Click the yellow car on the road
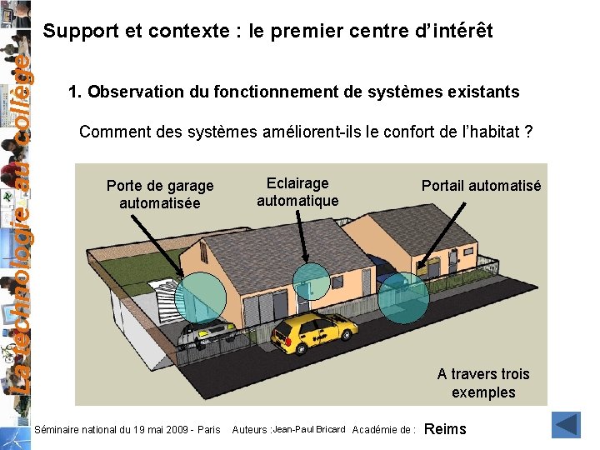pyautogui.click(x=314, y=332)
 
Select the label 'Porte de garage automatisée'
pyautogui.click(x=160, y=194)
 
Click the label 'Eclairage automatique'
pyautogui.click(x=297, y=192)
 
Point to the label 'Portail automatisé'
pyautogui.click(x=481, y=186)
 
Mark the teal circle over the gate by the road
pyautogui.click(x=403, y=297)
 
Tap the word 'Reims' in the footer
pyautogui.click(x=446, y=429)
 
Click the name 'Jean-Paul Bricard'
pyautogui.click(x=308, y=429)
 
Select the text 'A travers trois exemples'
pyautogui.click(x=483, y=383)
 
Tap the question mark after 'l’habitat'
pyautogui.click(x=528, y=132)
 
